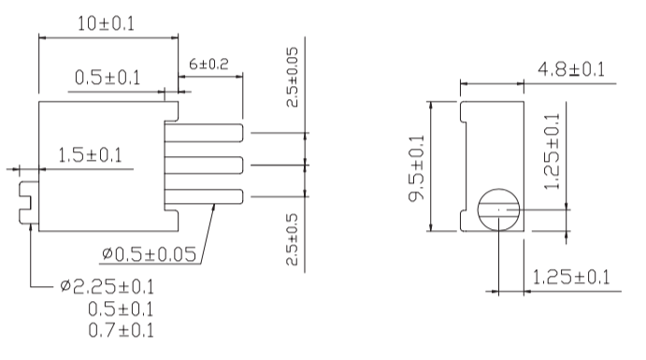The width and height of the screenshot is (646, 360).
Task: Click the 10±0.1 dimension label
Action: [x=106, y=23]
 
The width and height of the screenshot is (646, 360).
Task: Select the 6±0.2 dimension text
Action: [x=208, y=64]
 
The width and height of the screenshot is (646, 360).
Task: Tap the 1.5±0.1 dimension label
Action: [x=90, y=155]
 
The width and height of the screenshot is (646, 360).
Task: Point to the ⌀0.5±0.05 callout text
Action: [x=149, y=254]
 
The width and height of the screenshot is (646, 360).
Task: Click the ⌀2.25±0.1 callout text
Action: [x=107, y=286]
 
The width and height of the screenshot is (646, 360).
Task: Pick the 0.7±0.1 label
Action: [x=122, y=330]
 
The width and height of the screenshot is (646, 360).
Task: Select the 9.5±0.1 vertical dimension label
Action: [x=416, y=168]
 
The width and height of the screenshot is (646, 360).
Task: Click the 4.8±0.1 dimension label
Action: [x=571, y=69]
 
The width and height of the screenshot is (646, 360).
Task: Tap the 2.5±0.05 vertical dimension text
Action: [x=292, y=77]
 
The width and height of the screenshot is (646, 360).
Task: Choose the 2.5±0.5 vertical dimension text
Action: [x=292, y=239]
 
